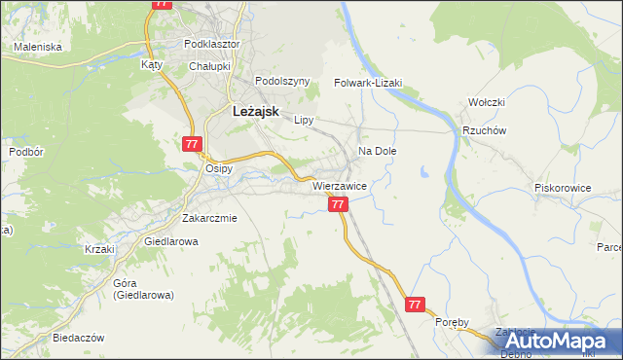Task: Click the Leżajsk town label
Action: click(255, 112)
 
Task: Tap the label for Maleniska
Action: click(38, 47)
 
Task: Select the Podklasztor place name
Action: click(212, 45)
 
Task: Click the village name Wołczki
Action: click(486, 102)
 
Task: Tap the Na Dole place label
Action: click(378, 152)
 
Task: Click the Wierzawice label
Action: click(339, 185)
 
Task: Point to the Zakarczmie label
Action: click(209, 218)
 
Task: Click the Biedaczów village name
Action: click(77, 338)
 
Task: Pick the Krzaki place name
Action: click(99, 249)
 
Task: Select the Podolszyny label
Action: click(281, 82)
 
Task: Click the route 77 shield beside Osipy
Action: click(191, 144)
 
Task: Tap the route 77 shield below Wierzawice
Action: click(338, 205)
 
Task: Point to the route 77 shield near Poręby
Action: click(416, 305)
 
